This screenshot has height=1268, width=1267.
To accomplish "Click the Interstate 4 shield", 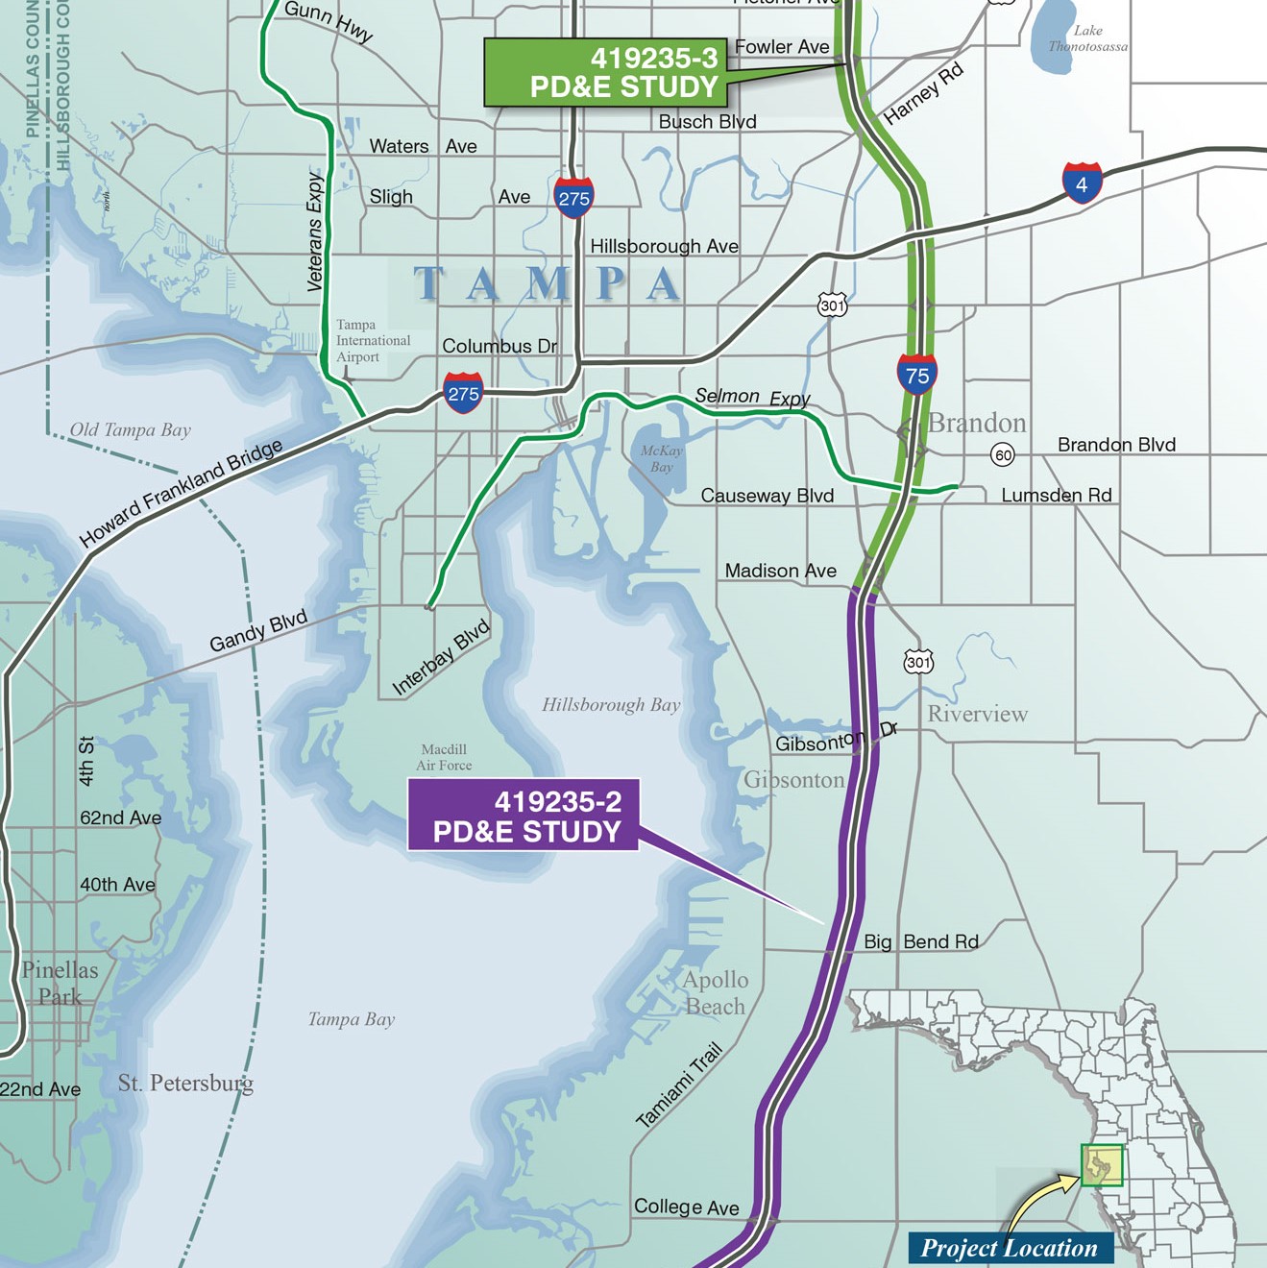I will [x=1082, y=183].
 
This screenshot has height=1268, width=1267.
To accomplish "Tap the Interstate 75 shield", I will [x=917, y=374].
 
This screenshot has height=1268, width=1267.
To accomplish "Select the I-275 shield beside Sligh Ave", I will [x=573, y=197].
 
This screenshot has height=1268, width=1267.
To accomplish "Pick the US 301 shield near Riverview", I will [x=918, y=662].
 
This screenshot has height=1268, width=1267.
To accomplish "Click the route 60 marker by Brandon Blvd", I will [x=1003, y=454].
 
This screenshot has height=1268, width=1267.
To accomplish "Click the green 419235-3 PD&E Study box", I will [x=605, y=73].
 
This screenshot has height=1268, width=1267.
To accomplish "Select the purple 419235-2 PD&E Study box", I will [x=524, y=816].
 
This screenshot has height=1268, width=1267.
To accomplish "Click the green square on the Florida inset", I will [x=1101, y=1165].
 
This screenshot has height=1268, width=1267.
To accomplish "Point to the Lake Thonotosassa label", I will [x=1087, y=38].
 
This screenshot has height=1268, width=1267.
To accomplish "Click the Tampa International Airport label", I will [x=373, y=341].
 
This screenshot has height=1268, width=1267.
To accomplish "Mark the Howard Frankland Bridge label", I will [x=181, y=493].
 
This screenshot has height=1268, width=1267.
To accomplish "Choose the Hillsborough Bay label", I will [x=611, y=705].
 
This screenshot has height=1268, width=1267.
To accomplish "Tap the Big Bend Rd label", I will [x=920, y=941].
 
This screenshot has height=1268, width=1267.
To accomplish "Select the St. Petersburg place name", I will [x=185, y=1084].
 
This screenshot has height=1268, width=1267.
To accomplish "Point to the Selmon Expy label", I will [x=752, y=397].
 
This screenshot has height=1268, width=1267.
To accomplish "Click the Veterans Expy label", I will [x=315, y=232].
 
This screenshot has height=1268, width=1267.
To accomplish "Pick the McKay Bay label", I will [x=662, y=458].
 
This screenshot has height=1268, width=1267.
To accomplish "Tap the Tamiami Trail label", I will [x=678, y=1085].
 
